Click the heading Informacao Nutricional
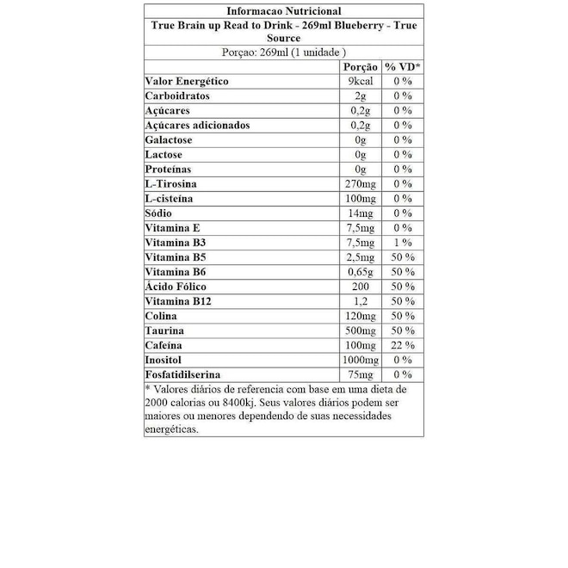click(283, 11)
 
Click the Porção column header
click(360, 66)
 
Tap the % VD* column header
click(402, 66)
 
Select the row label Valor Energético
click(187, 81)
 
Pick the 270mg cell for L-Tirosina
click(360, 184)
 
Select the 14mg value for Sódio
click(360, 213)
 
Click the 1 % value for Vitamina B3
click(402, 243)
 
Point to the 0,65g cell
click(361, 272)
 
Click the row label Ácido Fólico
click(176, 287)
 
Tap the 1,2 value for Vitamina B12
click(361, 301)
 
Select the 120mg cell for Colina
click(360, 316)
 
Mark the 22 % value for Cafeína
click(402, 345)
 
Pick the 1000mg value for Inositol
click(360, 360)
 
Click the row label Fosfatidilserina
click(182, 374)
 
